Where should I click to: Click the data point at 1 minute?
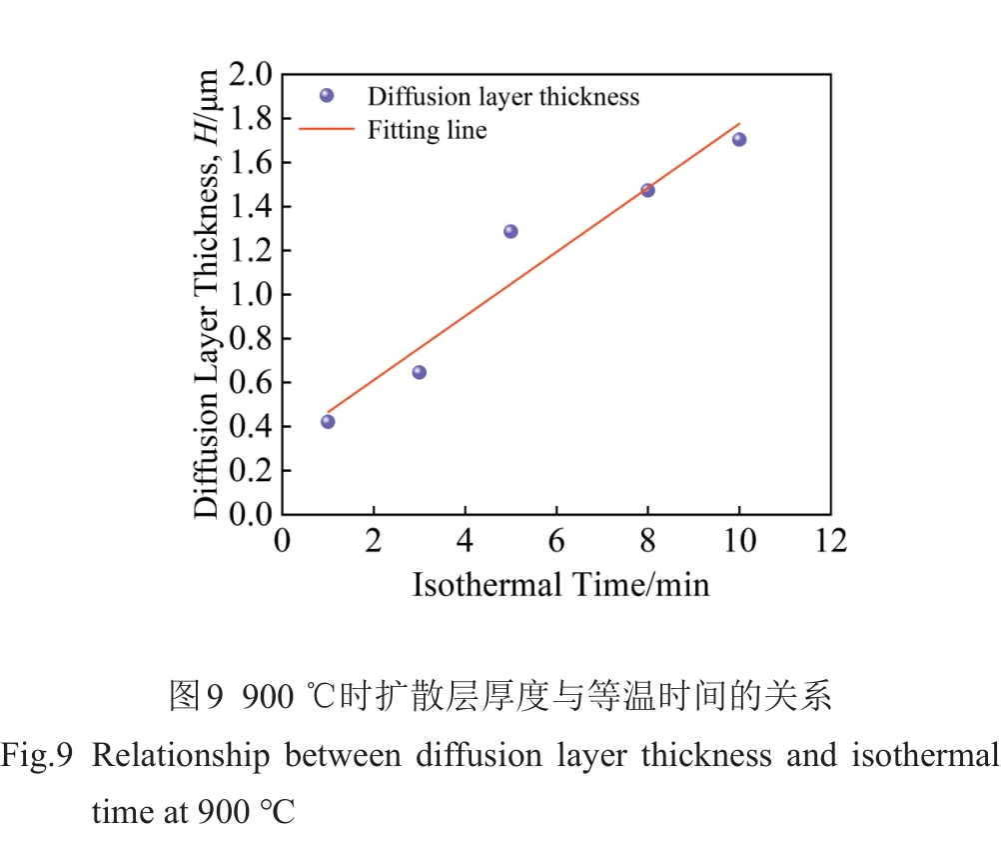click(x=328, y=421)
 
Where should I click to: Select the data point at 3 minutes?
click(x=420, y=372)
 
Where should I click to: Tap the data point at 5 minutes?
click(x=510, y=231)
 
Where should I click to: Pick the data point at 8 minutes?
click(x=647, y=190)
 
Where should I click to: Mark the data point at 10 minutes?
click(x=739, y=139)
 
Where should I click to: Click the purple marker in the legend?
click(x=326, y=96)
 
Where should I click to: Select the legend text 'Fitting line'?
click(x=427, y=130)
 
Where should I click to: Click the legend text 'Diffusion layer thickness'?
click(x=502, y=96)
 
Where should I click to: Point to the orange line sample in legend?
click(x=327, y=129)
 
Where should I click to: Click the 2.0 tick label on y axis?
click(x=250, y=74)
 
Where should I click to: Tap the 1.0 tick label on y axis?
click(x=250, y=294)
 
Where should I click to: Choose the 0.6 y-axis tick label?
click(x=250, y=382)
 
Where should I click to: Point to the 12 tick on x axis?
click(x=829, y=541)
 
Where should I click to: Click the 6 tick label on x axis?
click(x=556, y=541)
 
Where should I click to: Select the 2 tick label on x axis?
click(x=374, y=541)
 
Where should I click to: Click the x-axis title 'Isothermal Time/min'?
click(x=560, y=584)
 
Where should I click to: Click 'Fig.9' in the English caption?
click(x=37, y=756)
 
